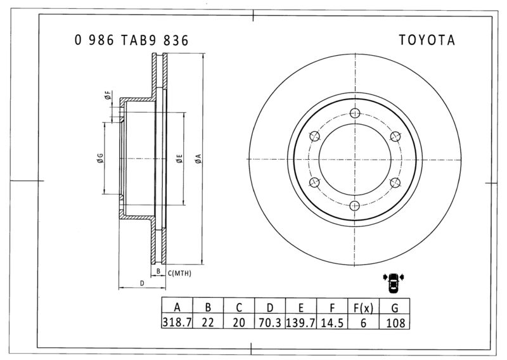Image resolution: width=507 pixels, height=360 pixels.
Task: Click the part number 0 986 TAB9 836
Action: pos(131,40)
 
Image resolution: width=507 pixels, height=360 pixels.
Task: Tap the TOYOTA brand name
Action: pos(427,40)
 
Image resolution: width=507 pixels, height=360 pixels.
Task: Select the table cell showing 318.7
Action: pos(177,322)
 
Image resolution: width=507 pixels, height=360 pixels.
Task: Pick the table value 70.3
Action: pos(270,323)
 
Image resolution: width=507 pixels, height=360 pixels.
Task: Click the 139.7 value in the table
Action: pos(300,323)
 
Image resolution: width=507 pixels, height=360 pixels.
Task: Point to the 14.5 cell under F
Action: pos(332,323)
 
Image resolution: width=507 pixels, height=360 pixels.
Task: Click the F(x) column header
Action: pos(363,307)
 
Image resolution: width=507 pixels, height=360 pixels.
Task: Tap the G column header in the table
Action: pos(395,307)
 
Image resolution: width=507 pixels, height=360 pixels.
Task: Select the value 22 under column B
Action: pos(208,323)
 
